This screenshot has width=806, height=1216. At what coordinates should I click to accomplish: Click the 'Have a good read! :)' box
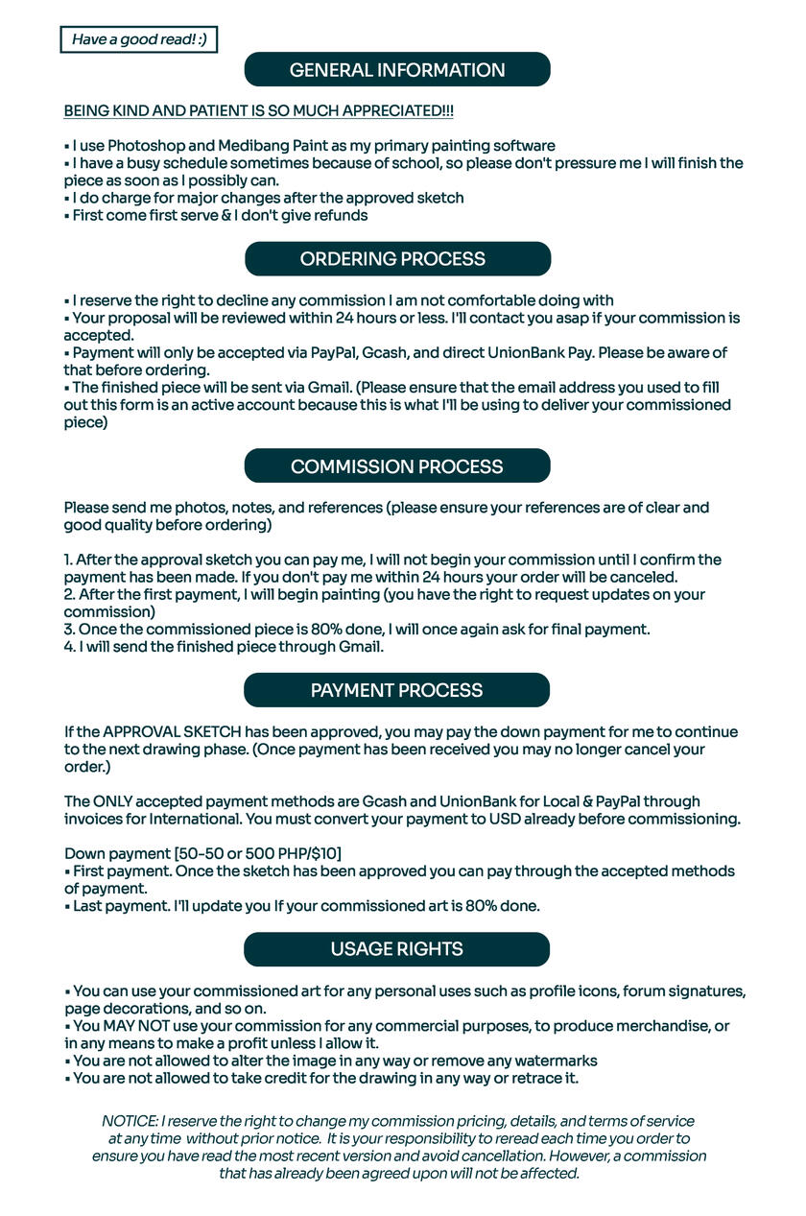(x=139, y=39)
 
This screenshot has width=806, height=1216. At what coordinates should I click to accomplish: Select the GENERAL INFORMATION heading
(x=397, y=70)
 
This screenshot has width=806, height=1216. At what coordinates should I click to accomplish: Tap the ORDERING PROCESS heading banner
(x=397, y=259)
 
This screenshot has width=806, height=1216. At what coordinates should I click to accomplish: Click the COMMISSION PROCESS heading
(x=397, y=466)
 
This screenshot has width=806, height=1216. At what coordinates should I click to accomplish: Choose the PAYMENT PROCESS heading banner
(x=397, y=690)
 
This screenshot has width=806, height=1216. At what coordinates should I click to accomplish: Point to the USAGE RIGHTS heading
(x=397, y=949)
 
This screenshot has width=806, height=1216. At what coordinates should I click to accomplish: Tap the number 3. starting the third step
(x=70, y=630)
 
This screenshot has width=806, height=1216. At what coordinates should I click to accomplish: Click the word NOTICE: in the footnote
(x=129, y=1121)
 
